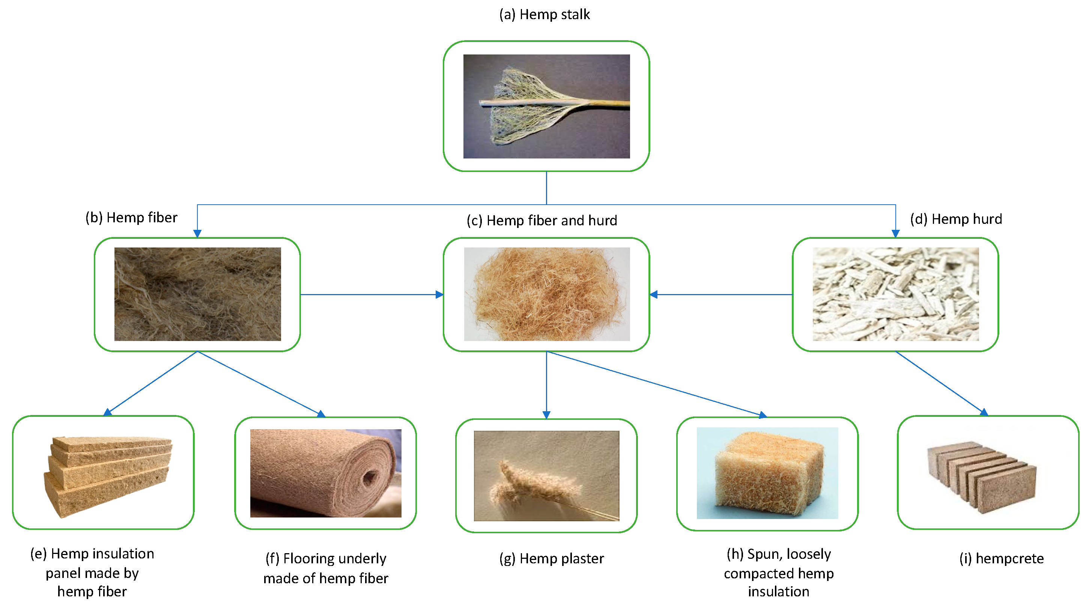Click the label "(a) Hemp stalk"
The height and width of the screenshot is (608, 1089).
544,14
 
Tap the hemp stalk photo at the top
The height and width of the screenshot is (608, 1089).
546,106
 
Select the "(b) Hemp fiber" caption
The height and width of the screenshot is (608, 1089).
131,217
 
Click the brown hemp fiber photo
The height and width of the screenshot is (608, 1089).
197,294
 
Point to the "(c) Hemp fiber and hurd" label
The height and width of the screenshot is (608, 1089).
541,220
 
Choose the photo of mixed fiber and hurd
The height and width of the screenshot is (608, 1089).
547,294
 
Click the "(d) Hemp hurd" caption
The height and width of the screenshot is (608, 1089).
956,219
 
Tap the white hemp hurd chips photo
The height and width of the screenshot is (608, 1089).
895,294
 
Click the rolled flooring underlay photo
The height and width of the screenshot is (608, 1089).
325,473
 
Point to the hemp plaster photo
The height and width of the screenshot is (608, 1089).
546,475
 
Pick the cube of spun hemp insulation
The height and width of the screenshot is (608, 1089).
767,473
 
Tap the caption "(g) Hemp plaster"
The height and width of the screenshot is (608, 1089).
551,558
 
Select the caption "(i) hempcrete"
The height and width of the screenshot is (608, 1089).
1001,558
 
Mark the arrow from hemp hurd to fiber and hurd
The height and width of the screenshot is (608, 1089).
721,294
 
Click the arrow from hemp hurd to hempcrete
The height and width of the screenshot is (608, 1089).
941,383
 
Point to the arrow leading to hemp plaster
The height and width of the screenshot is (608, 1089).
547,385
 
